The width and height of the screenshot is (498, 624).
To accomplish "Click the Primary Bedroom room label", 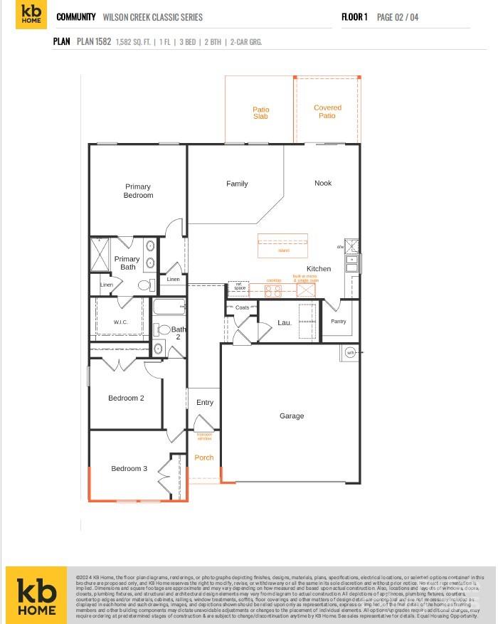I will coord(138,191).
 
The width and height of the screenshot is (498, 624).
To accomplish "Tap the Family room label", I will coord(237,184).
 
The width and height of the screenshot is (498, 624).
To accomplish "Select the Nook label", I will coord(323,183).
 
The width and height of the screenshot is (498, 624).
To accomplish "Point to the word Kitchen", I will coord(319,268).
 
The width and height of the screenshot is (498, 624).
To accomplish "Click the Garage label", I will coord(292,416).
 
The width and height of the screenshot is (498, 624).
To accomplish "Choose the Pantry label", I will coord(339,322).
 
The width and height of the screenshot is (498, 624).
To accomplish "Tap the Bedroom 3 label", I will coord(129,468).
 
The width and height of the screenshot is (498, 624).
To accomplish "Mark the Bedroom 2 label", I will coord(126,398).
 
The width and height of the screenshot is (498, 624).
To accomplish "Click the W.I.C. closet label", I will coord(120,322).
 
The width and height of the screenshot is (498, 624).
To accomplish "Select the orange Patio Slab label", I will coord(261,112).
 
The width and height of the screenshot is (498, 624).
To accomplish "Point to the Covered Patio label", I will coord(327,112).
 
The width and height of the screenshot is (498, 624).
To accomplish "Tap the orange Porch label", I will coord(204,458).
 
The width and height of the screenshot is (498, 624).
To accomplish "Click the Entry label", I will coord(205,403).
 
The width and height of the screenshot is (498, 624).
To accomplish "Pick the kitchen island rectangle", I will coord(282,245).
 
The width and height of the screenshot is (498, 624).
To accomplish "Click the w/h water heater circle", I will coord(350,352).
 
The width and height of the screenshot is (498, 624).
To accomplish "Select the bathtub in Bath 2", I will coord(169,307).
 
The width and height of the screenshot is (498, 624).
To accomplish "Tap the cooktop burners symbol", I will coord(273,290).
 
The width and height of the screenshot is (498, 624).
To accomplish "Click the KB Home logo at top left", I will coord(30,16).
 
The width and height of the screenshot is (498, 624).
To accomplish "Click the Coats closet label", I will coord(242,307).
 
